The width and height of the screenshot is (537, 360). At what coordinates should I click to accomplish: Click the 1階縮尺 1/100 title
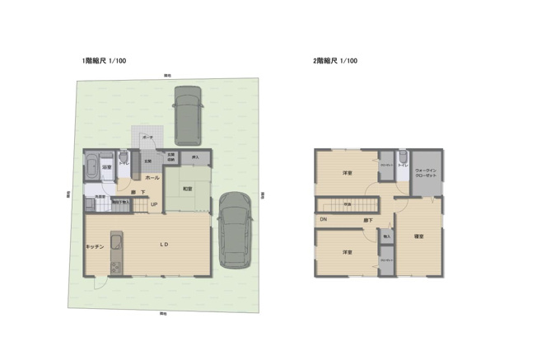tap(104, 61)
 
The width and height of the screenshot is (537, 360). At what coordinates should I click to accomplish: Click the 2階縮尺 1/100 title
tap(334, 61)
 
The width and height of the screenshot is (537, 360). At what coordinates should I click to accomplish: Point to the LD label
tap(164, 244)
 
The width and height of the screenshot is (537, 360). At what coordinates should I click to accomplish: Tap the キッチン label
tap(93, 245)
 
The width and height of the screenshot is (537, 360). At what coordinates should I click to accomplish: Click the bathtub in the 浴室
tap(91, 168)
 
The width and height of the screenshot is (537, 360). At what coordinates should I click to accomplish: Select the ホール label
tap(152, 178)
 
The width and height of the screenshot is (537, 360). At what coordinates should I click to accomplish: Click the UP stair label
tap(153, 204)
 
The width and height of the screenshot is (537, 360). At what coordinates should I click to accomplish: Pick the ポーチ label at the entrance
tap(147, 135)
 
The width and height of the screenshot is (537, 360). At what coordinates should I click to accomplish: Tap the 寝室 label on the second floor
tap(418, 236)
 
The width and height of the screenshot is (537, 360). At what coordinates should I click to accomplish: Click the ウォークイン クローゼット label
tap(426, 174)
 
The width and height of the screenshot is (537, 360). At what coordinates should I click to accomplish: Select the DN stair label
tap(324, 219)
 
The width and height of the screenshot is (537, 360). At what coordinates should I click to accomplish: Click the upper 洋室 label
tap(348, 173)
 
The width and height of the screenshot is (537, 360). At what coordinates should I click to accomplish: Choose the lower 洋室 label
tap(348, 252)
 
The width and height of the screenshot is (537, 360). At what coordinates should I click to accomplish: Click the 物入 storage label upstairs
tap(387, 236)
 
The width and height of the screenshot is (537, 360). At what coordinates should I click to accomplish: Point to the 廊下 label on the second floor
tap(368, 220)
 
